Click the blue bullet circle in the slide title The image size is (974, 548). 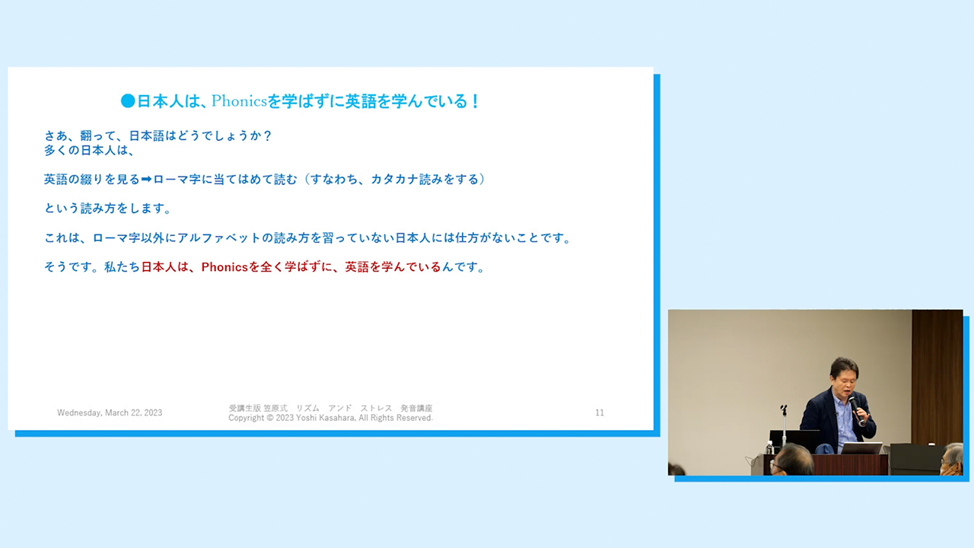[x=128, y=101]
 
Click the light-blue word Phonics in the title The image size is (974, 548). [x=239, y=101]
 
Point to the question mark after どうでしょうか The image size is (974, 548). [x=267, y=135]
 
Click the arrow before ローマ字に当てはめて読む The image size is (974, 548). [x=146, y=179]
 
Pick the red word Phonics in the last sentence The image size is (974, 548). [x=224, y=267]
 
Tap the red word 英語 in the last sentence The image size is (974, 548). [x=357, y=267]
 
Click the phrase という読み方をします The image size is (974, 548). [x=108, y=209]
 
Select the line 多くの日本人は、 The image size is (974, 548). [x=89, y=151]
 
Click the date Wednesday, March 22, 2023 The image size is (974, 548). [x=110, y=413]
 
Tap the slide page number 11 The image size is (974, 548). [x=600, y=413]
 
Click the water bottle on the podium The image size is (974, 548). [x=769, y=448]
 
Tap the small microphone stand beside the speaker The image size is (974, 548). [x=784, y=425]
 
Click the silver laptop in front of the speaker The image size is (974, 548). [x=861, y=448]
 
